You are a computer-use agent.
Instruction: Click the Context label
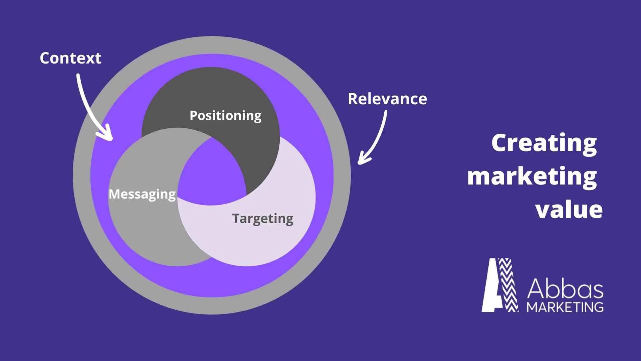click(x=70, y=58)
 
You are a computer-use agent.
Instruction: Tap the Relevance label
click(x=387, y=99)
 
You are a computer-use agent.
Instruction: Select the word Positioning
click(x=225, y=116)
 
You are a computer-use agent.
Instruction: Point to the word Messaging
click(x=142, y=194)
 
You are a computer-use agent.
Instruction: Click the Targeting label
click(x=263, y=219)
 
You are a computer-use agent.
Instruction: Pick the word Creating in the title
click(x=544, y=143)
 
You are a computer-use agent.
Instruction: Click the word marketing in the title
click(x=532, y=176)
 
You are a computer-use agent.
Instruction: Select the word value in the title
click(x=569, y=210)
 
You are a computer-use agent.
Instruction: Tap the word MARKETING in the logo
click(x=565, y=307)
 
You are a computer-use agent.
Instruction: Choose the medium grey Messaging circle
click(x=144, y=227)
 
